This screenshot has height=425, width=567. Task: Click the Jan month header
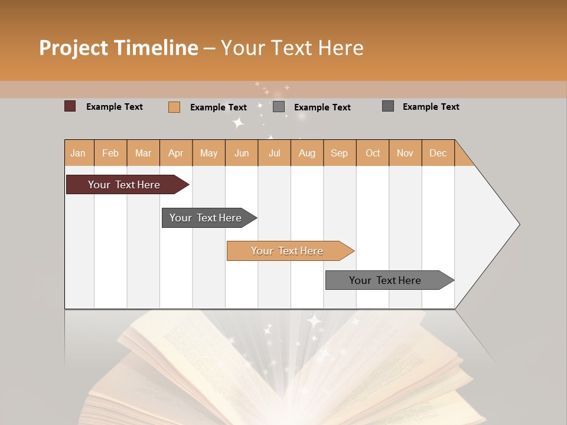pyautogui.click(x=78, y=153)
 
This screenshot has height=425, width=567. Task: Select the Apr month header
pyautogui.click(x=175, y=153)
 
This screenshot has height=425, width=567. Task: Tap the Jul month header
pyautogui.click(x=274, y=153)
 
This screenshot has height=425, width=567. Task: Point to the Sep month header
pyautogui.click(x=339, y=153)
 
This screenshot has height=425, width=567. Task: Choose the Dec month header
pyautogui.click(x=438, y=153)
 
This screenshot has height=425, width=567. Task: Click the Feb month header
pyautogui.click(x=110, y=153)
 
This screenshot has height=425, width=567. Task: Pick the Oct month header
pyautogui.click(x=373, y=153)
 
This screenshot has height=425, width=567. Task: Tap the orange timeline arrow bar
pyautogui.click(x=288, y=251)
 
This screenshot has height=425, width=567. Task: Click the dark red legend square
pyautogui.click(x=70, y=106)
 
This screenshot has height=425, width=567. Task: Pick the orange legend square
pyautogui.click(x=174, y=107)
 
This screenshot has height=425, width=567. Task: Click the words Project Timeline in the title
pyautogui.click(x=118, y=48)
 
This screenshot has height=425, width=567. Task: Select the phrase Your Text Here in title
pyautogui.click(x=292, y=48)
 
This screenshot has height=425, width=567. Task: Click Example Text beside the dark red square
pyautogui.click(x=115, y=107)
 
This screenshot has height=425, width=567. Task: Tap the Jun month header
pyautogui.click(x=242, y=153)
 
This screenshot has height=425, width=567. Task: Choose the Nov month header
pyautogui.click(x=405, y=153)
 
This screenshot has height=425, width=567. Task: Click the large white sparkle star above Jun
pyautogui.click(x=238, y=123)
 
